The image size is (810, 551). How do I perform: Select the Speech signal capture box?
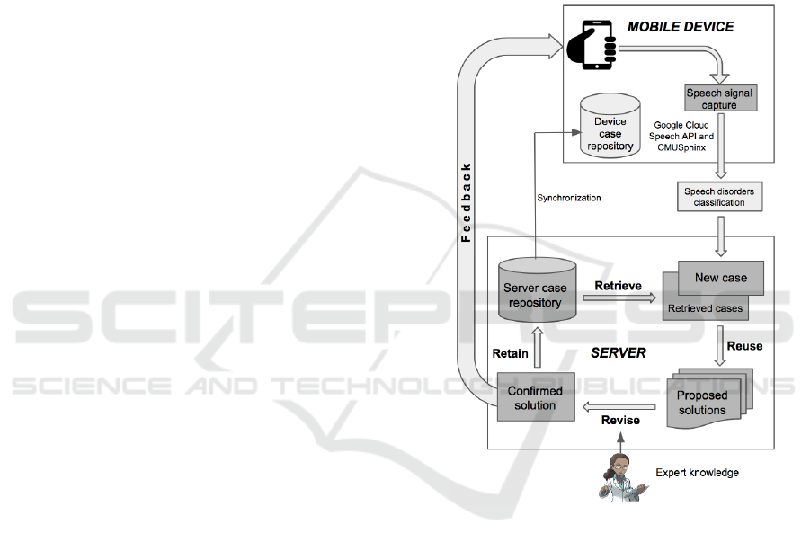pos(718,99)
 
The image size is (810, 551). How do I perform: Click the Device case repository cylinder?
pos(610,133)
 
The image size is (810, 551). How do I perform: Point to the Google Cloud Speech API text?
pos(681,136)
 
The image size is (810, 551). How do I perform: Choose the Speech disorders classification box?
pos(719,197)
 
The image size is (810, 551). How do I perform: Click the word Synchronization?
pos(568,198)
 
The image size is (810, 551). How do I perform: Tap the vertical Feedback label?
pos(466,202)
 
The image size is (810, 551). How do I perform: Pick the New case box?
pos(720,278)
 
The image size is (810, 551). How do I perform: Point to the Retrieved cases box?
pos(705,308)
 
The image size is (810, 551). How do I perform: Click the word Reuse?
pos(744,346)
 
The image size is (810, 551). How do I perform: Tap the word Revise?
pos(620,420)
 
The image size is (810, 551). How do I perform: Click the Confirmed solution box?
pos(535,397)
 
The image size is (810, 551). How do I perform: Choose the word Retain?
pos(510,353)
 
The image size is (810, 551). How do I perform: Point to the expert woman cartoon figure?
pos(621,475)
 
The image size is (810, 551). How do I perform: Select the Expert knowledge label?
pos(697,473)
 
